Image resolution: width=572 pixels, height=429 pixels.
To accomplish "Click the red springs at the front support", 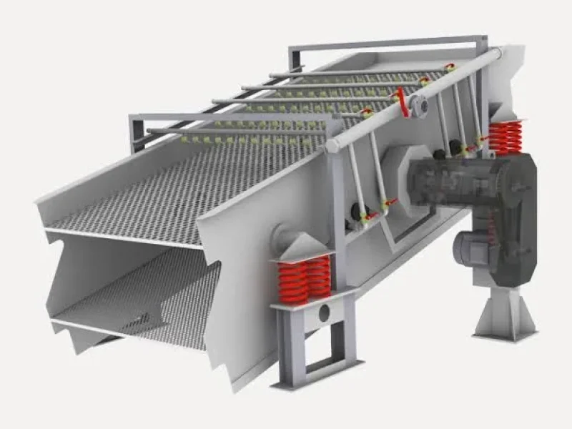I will [x=304, y=277].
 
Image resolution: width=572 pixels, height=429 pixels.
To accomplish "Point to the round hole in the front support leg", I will [x=325, y=312].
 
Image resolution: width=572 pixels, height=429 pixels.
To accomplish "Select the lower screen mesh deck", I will [x=143, y=300].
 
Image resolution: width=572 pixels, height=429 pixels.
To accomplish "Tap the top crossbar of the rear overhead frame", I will [x=386, y=42].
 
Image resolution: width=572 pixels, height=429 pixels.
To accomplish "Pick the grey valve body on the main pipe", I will [x=420, y=105].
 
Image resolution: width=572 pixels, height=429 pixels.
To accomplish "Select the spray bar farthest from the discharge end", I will [x=357, y=73].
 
